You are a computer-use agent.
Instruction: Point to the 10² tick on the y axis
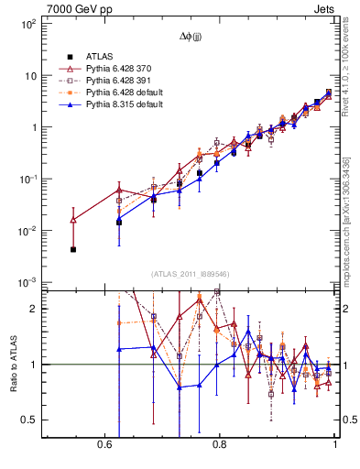coord(29,25)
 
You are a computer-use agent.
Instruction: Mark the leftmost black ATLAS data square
coord(73,249)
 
